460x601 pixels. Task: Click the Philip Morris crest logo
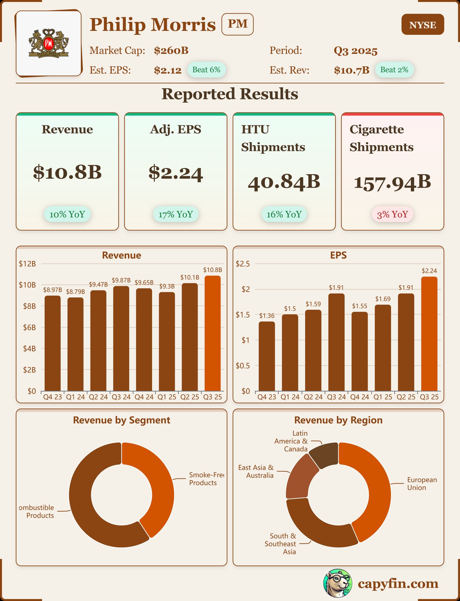click(x=49, y=44)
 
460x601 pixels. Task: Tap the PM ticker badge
click(x=237, y=24)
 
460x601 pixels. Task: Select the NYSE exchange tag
click(x=422, y=25)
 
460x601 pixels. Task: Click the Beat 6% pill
click(x=206, y=70)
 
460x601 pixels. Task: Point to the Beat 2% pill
click(x=394, y=70)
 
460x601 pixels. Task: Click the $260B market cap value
click(x=171, y=51)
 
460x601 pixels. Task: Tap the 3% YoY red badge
click(x=392, y=214)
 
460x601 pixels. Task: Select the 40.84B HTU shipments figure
click(x=284, y=182)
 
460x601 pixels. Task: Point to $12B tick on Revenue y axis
click(x=27, y=264)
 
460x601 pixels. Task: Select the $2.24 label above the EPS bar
click(x=429, y=271)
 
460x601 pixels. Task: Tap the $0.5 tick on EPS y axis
click(x=243, y=366)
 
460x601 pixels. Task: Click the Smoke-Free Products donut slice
click(x=157, y=482)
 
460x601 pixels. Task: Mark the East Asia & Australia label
click(x=256, y=471)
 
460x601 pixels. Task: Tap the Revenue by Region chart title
click(x=338, y=420)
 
